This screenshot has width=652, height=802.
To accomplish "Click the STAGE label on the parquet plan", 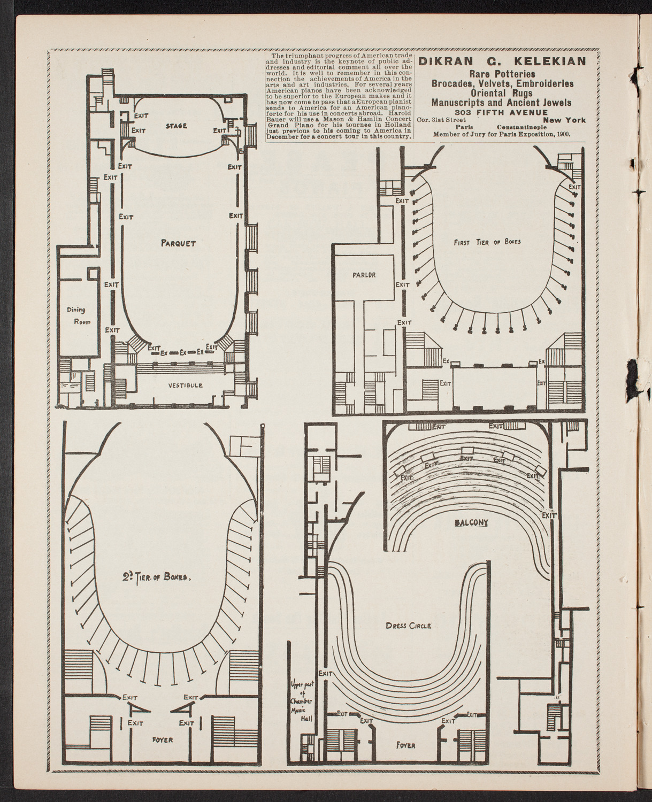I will [x=176, y=126].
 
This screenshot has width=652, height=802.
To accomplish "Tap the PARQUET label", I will [x=178, y=243].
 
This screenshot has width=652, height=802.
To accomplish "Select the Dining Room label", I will [x=75, y=315].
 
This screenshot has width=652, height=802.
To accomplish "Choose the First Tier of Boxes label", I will [x=487, y=242].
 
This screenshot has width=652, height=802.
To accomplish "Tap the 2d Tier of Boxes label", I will [x=157, y=577].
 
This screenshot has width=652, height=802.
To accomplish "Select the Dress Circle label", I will [x=408, y=625].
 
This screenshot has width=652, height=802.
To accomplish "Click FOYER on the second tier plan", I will [x=162, y=740].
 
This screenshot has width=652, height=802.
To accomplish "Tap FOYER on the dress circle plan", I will [x=405, y=745].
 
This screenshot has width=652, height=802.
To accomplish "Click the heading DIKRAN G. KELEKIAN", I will [x=502, y=61].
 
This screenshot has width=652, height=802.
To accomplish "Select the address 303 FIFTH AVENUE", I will [x=500, y=112].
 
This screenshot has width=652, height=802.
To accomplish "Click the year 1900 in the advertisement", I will [x=561, y=135].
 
